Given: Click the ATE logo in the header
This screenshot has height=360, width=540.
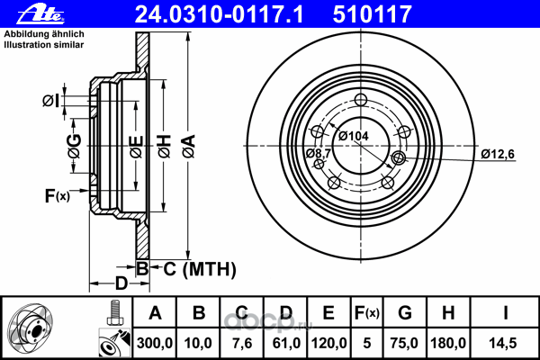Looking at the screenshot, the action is click(40, 13).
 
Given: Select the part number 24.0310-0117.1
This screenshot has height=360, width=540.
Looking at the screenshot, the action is click(220, 14).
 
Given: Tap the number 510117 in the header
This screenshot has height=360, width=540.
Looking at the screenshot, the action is click(373, 14).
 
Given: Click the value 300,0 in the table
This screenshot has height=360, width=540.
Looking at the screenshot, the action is click(155, 343).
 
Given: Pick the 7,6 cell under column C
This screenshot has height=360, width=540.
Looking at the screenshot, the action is click(242, 343).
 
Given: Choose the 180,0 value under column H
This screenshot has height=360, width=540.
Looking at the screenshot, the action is click(448, 343).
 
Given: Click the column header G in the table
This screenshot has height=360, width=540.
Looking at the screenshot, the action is click(405, 313).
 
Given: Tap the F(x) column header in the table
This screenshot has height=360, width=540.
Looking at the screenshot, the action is click(367, 313).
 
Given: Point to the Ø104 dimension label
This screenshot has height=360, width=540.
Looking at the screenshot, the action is click(354, 136).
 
